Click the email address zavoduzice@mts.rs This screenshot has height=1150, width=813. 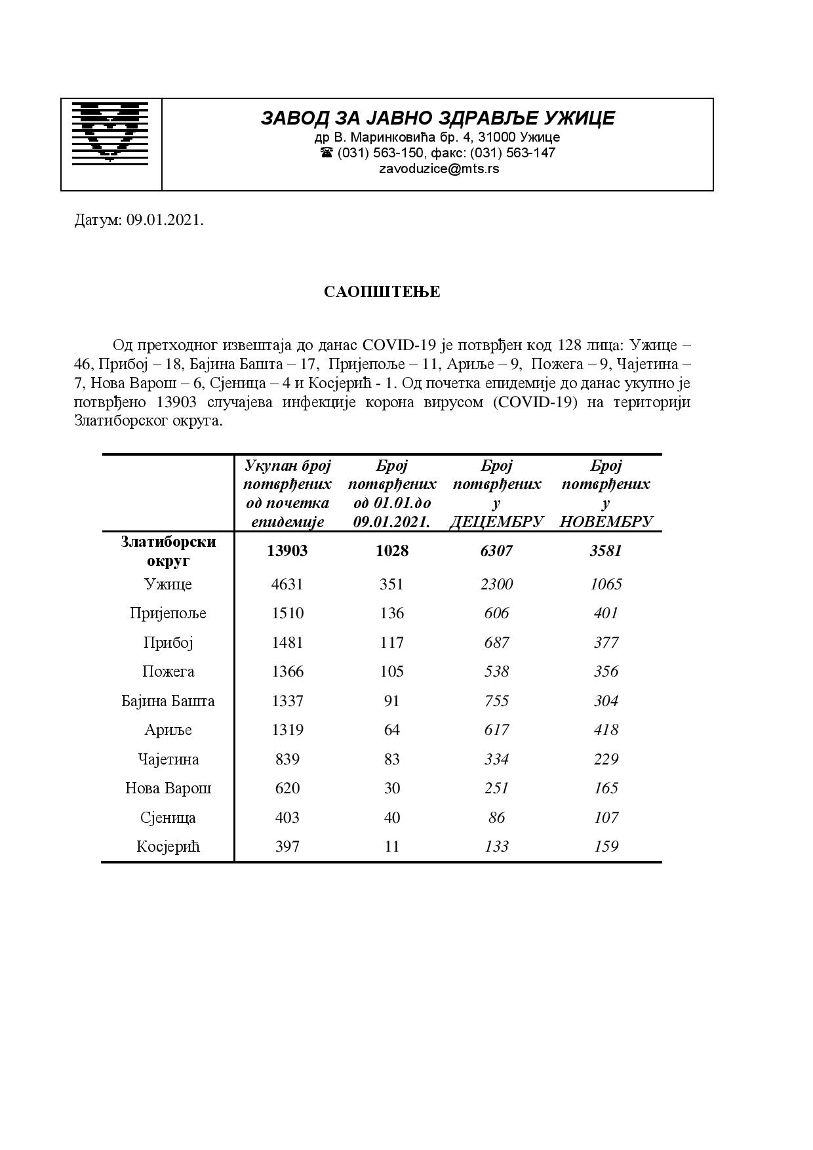coord(439,169)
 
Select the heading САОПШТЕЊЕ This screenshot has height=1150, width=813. coord(382,292)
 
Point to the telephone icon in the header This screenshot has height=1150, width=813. coord(327,153)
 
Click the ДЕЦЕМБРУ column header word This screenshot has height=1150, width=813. coord(496,522)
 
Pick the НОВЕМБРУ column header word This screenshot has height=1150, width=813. coord(606,522)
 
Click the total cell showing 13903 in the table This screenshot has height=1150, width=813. coord(287,551)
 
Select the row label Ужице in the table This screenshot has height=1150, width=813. coord(168,584)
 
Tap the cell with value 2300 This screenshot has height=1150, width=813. coord(496,584)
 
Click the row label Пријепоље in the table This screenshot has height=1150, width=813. coord(168,613)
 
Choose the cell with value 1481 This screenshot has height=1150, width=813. coord(287,643)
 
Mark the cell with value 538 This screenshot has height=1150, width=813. coord(496,671)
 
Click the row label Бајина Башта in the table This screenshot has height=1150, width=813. coord(168,701)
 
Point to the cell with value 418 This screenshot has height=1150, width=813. coord(606,730)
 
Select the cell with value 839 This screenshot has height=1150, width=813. coord(287,759)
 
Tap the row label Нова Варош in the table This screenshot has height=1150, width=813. coord(168,788)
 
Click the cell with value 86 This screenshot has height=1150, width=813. coord(496,818)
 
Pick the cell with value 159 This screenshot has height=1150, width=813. coord(606,846)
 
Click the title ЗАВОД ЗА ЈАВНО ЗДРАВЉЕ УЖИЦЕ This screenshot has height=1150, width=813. coord(437,118)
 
